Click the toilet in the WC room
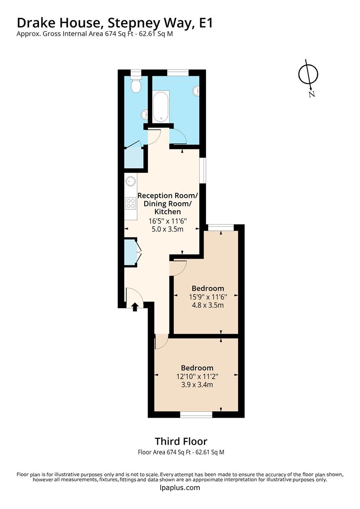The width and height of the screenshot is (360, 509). [x=136, y=85]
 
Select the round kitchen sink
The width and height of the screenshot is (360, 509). [x=131, y=181]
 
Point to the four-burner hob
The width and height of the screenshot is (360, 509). [x=131, y=203]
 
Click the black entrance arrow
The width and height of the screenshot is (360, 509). [x=134, y=307]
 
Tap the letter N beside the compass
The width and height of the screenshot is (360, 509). [x=311, y=94]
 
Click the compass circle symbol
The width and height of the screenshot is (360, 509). [x=309, y=74]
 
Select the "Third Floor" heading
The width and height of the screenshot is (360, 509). [x=181, y=442]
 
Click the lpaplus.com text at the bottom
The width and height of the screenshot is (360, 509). [x=180, y=488]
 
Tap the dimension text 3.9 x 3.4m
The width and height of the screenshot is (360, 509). [x=197, y=385]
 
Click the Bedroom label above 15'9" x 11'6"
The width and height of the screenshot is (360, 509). [x=208, y=288]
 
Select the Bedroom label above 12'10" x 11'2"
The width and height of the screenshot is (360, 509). [x=197, y=368]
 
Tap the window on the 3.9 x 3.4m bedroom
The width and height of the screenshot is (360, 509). [x=196, y=415]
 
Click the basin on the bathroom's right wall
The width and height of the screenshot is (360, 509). [x=196, y=91]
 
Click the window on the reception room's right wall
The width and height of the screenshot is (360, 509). [x=203, y=170]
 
